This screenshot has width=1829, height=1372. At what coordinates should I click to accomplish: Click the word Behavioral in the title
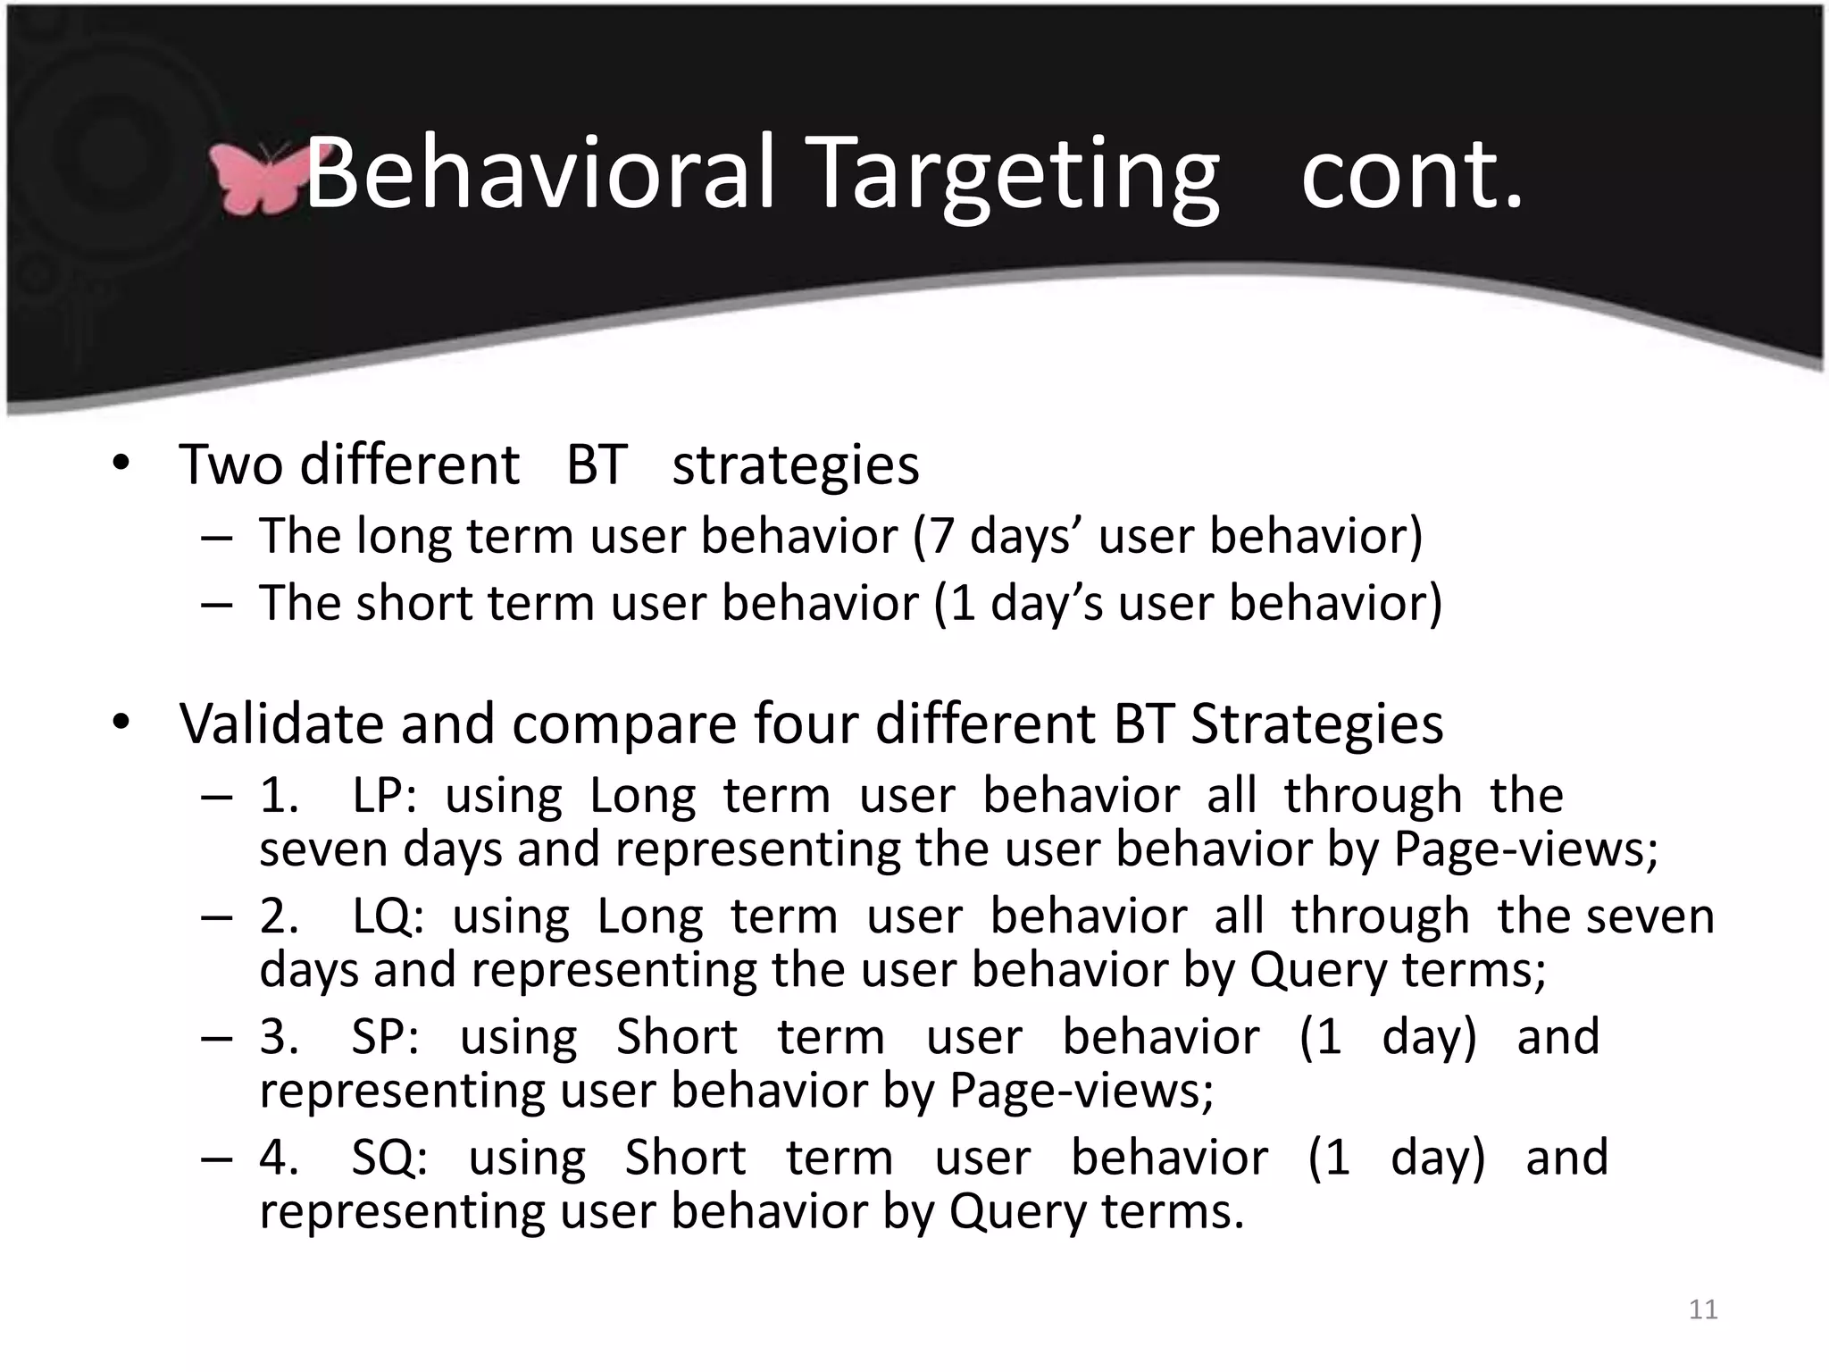point(540,174)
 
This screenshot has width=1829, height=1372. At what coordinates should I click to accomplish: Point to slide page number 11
point(1703,1309)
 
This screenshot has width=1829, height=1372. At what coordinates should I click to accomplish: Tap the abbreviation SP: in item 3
point(385,1037)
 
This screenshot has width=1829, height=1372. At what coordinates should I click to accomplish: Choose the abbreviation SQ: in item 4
point(389,1158)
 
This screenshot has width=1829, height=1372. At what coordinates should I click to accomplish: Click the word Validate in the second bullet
point(282,723)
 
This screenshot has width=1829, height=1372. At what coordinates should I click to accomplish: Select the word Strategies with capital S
point(1316,723)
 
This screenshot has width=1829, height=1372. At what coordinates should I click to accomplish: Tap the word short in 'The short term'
point(414,603)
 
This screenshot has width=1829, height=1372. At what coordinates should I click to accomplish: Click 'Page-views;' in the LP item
point(1525,849)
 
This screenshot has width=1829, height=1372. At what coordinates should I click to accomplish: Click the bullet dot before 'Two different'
point(121,463)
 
